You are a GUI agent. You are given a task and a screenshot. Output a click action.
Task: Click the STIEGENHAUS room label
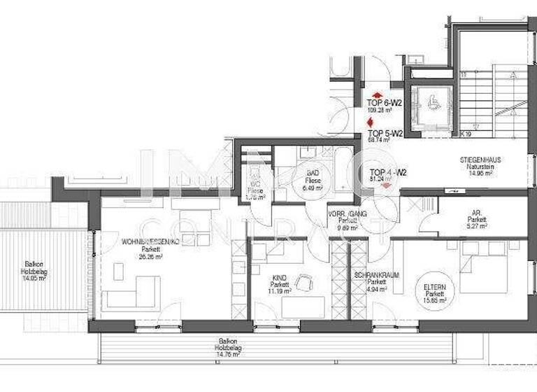point(480,160)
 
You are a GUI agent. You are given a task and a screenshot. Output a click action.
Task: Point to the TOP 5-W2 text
point(384,132)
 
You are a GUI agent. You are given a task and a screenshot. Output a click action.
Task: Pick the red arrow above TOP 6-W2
point(378,94)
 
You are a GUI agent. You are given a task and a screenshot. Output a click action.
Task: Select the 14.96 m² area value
point(480,174)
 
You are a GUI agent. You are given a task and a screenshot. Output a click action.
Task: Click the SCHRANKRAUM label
point(376,275)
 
